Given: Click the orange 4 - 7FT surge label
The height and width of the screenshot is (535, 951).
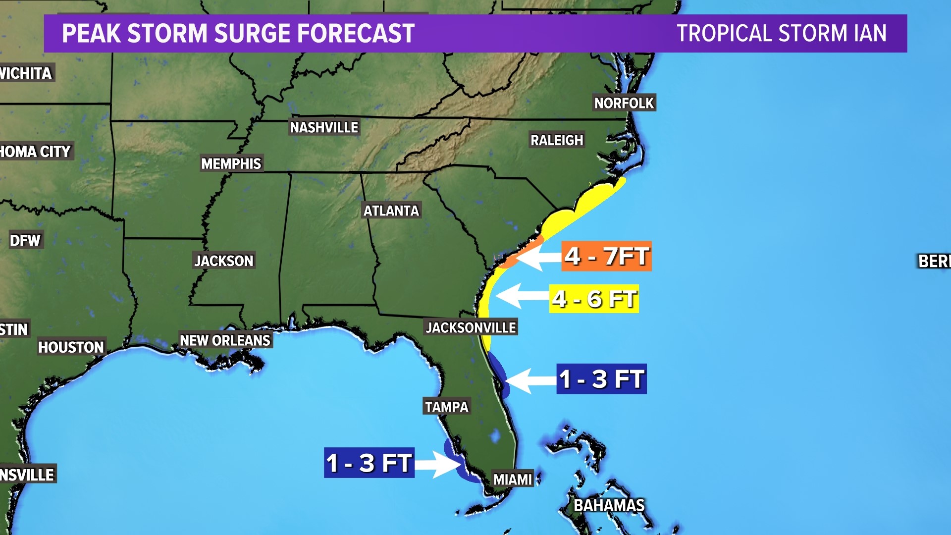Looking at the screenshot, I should [x=606, y=256].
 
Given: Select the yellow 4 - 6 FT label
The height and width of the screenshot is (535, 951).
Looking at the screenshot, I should [x=594, y=299].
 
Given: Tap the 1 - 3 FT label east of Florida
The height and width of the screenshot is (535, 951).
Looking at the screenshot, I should [x=601, y=379].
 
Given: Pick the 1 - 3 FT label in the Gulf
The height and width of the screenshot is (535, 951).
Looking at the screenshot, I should [x=369, y=463].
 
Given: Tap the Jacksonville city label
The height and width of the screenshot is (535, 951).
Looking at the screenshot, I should [x=471, y=327].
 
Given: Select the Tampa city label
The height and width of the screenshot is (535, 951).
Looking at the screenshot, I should [x=446, y=407].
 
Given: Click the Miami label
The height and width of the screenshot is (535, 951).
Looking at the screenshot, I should [x=513, y=479].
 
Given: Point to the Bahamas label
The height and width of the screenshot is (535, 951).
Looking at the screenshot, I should [x=609, y=505].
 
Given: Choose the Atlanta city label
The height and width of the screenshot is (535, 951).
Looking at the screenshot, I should [x=391, y=211].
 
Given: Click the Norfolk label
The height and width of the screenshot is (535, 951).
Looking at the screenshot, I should [x=624, y=103].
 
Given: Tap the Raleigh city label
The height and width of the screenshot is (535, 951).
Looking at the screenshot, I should [x=557, y=140].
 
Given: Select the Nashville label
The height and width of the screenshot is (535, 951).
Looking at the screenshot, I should [x=324, y=127].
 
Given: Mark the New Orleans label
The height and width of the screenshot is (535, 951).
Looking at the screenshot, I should [x=225, y=340].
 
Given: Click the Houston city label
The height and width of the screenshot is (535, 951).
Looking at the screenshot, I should [x=71, y=347].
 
